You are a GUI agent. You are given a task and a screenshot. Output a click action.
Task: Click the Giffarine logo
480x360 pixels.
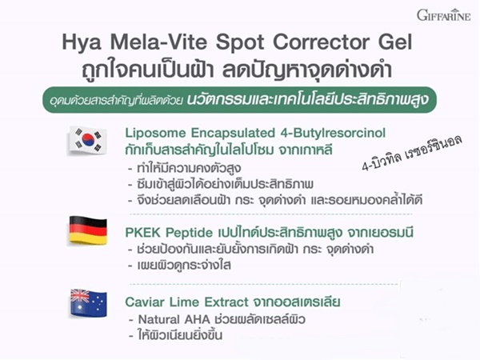click(443, 15)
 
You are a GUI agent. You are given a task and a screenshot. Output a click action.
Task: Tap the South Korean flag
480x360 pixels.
click(88, 140)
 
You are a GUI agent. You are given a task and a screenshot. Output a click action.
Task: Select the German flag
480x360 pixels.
click(88, 230)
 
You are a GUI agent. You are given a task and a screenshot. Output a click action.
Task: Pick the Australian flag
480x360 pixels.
click(89, 302)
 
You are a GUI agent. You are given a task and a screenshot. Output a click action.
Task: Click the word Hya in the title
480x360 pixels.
click(82, 42)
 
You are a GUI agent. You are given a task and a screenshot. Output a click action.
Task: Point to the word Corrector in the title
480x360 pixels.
click(321, 42)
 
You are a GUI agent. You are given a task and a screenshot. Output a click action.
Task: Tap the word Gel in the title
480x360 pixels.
click(395, 42)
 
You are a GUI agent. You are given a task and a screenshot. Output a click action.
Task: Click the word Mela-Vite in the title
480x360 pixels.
click(159, 42)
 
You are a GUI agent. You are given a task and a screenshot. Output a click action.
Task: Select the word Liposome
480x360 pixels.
click(155, 134)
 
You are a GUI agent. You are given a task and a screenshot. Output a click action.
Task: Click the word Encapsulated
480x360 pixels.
click(233, 133)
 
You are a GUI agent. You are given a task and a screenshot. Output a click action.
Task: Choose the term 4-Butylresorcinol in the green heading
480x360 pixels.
click(333, 133)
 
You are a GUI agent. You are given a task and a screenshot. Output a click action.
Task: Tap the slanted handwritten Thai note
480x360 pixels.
click(412, 153)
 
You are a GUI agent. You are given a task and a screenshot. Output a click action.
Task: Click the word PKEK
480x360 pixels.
click(142, 233)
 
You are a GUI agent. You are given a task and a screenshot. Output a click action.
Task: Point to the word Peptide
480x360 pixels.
click(189, 234)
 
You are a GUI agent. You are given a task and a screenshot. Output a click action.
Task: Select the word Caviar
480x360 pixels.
click(145, 302)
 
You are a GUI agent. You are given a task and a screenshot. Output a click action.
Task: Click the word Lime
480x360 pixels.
click(184, 302)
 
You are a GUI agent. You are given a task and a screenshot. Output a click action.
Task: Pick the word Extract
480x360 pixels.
click(226, 302)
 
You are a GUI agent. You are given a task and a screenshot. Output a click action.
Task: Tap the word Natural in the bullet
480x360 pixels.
click(158, 319)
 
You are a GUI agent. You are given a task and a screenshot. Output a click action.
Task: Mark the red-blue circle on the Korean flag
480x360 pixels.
click(88, 139)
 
